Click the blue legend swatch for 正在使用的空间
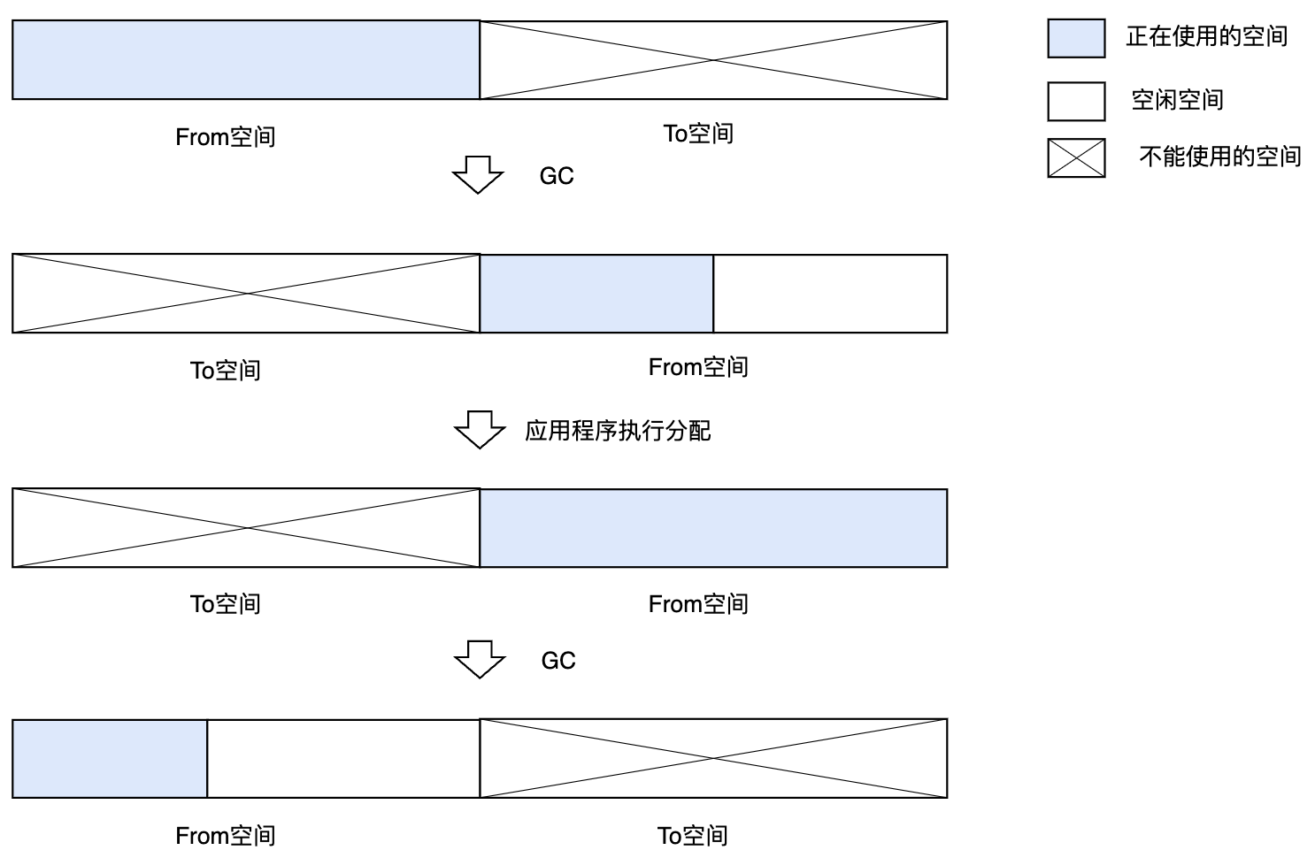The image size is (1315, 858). (x=1076, y=38)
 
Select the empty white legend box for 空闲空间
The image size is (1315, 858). (x=1076, y=101)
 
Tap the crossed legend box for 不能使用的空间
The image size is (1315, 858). (x=1076, y=157)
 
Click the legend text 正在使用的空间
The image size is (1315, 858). (x=1206, y=37)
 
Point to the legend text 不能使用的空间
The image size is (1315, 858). (x=1219, y=157)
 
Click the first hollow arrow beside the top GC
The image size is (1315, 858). (x=478, y=174)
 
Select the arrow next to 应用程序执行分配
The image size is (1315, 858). (x=479, y=429)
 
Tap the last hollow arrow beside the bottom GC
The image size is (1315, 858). (x=479, y=659)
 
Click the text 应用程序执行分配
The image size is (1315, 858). (x=618, y=431)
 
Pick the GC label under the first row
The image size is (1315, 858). (x=557, y=176)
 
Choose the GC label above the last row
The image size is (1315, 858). (x=558, y=661)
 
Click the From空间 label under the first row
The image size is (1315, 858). (x=226, y=137)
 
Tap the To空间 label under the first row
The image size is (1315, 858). (x=698, y=134)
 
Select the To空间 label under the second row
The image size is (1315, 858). (x=226, y=370)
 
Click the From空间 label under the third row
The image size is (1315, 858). (x=698, y=604)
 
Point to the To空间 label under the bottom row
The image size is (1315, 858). (x=692, y=835)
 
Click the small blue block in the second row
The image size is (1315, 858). (x=596, y=294)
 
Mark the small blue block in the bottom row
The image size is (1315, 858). (x=110, y=759)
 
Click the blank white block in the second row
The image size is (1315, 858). (x=830, y=294)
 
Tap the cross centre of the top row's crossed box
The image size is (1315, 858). (x=713, y=60)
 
